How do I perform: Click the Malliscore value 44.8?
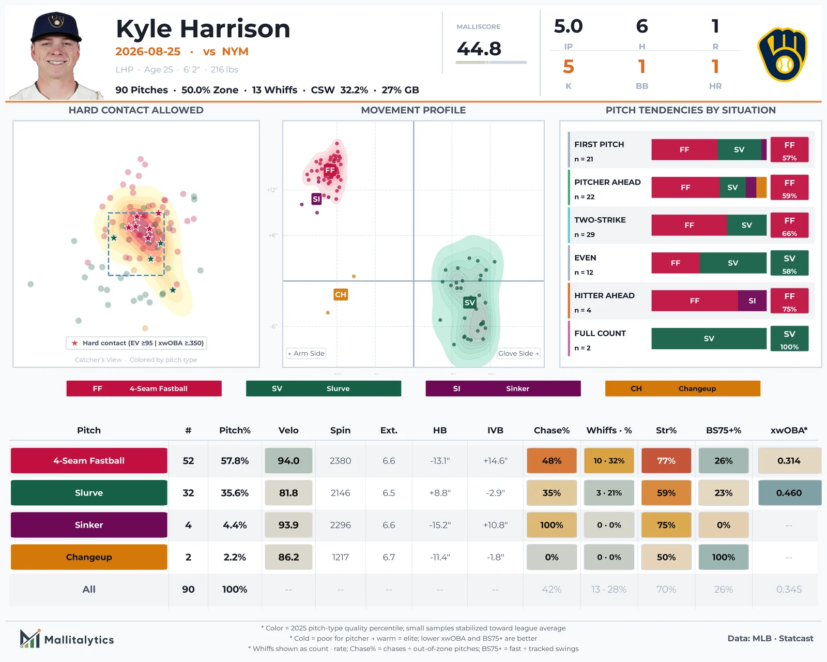click(479, 49)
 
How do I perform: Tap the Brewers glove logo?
click(783, 54)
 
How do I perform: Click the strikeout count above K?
click(569, 67)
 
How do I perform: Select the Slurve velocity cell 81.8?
click(288, 493)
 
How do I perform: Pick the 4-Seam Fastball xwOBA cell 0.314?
click(789, 460)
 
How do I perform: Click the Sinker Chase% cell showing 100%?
click(552, 524)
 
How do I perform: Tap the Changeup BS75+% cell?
click(723, 557)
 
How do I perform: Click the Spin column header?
click(340, 430)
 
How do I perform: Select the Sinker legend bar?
click(503, 388)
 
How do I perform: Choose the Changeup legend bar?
click(682, 388)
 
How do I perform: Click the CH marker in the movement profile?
click(341, 295)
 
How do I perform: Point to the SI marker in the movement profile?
click(316, 199)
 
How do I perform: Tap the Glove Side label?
click(518, 353)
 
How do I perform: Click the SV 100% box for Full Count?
click(789, 339)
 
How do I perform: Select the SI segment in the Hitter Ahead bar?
click(752, 301)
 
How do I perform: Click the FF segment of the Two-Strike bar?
click(689, 225)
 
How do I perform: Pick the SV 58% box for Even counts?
click(789, 263)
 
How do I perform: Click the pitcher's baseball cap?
click(56, 27)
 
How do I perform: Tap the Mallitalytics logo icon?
click(30, 639)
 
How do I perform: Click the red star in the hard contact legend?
click(74, 343)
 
